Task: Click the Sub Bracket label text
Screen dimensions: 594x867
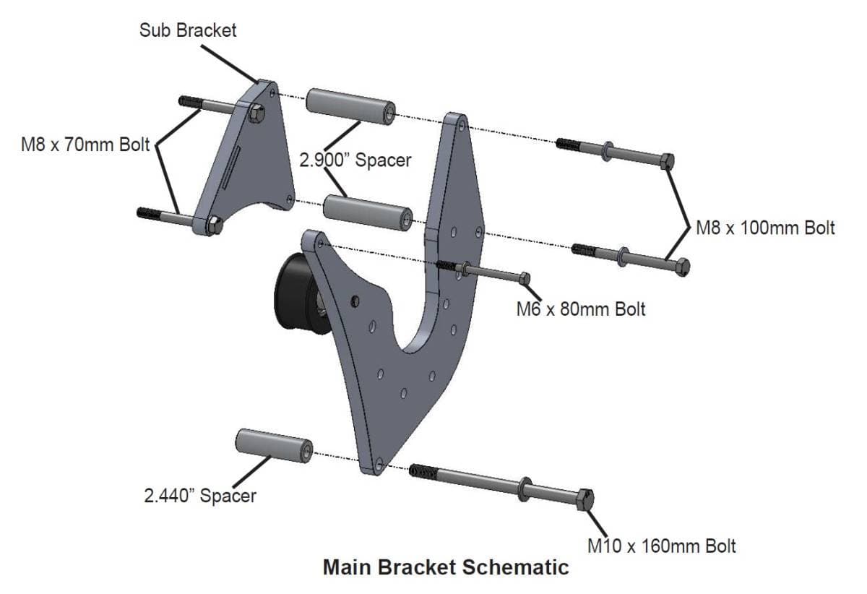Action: coord(188,31)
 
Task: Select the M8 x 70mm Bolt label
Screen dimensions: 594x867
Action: coord(85,145)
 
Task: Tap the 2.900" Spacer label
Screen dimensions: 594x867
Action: coord(355,160)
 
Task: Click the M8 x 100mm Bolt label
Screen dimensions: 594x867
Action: coord(765,228)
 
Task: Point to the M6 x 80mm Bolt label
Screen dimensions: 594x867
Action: coord(580,309)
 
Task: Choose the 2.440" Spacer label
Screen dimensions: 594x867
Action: coord(199,496)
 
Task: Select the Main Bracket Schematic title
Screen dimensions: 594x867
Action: coord(445,567)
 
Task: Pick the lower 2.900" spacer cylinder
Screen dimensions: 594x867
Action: coord(367,210)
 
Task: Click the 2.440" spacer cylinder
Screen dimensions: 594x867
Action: coord(273,444)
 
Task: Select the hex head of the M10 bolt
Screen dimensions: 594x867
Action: coord(585,500)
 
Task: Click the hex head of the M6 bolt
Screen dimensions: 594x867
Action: coord(525,278)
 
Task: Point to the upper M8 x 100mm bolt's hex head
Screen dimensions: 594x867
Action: coord(667,160)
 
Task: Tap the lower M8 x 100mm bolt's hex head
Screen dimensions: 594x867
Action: coord(681,267)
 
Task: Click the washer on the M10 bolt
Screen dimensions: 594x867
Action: coord(523,488)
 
